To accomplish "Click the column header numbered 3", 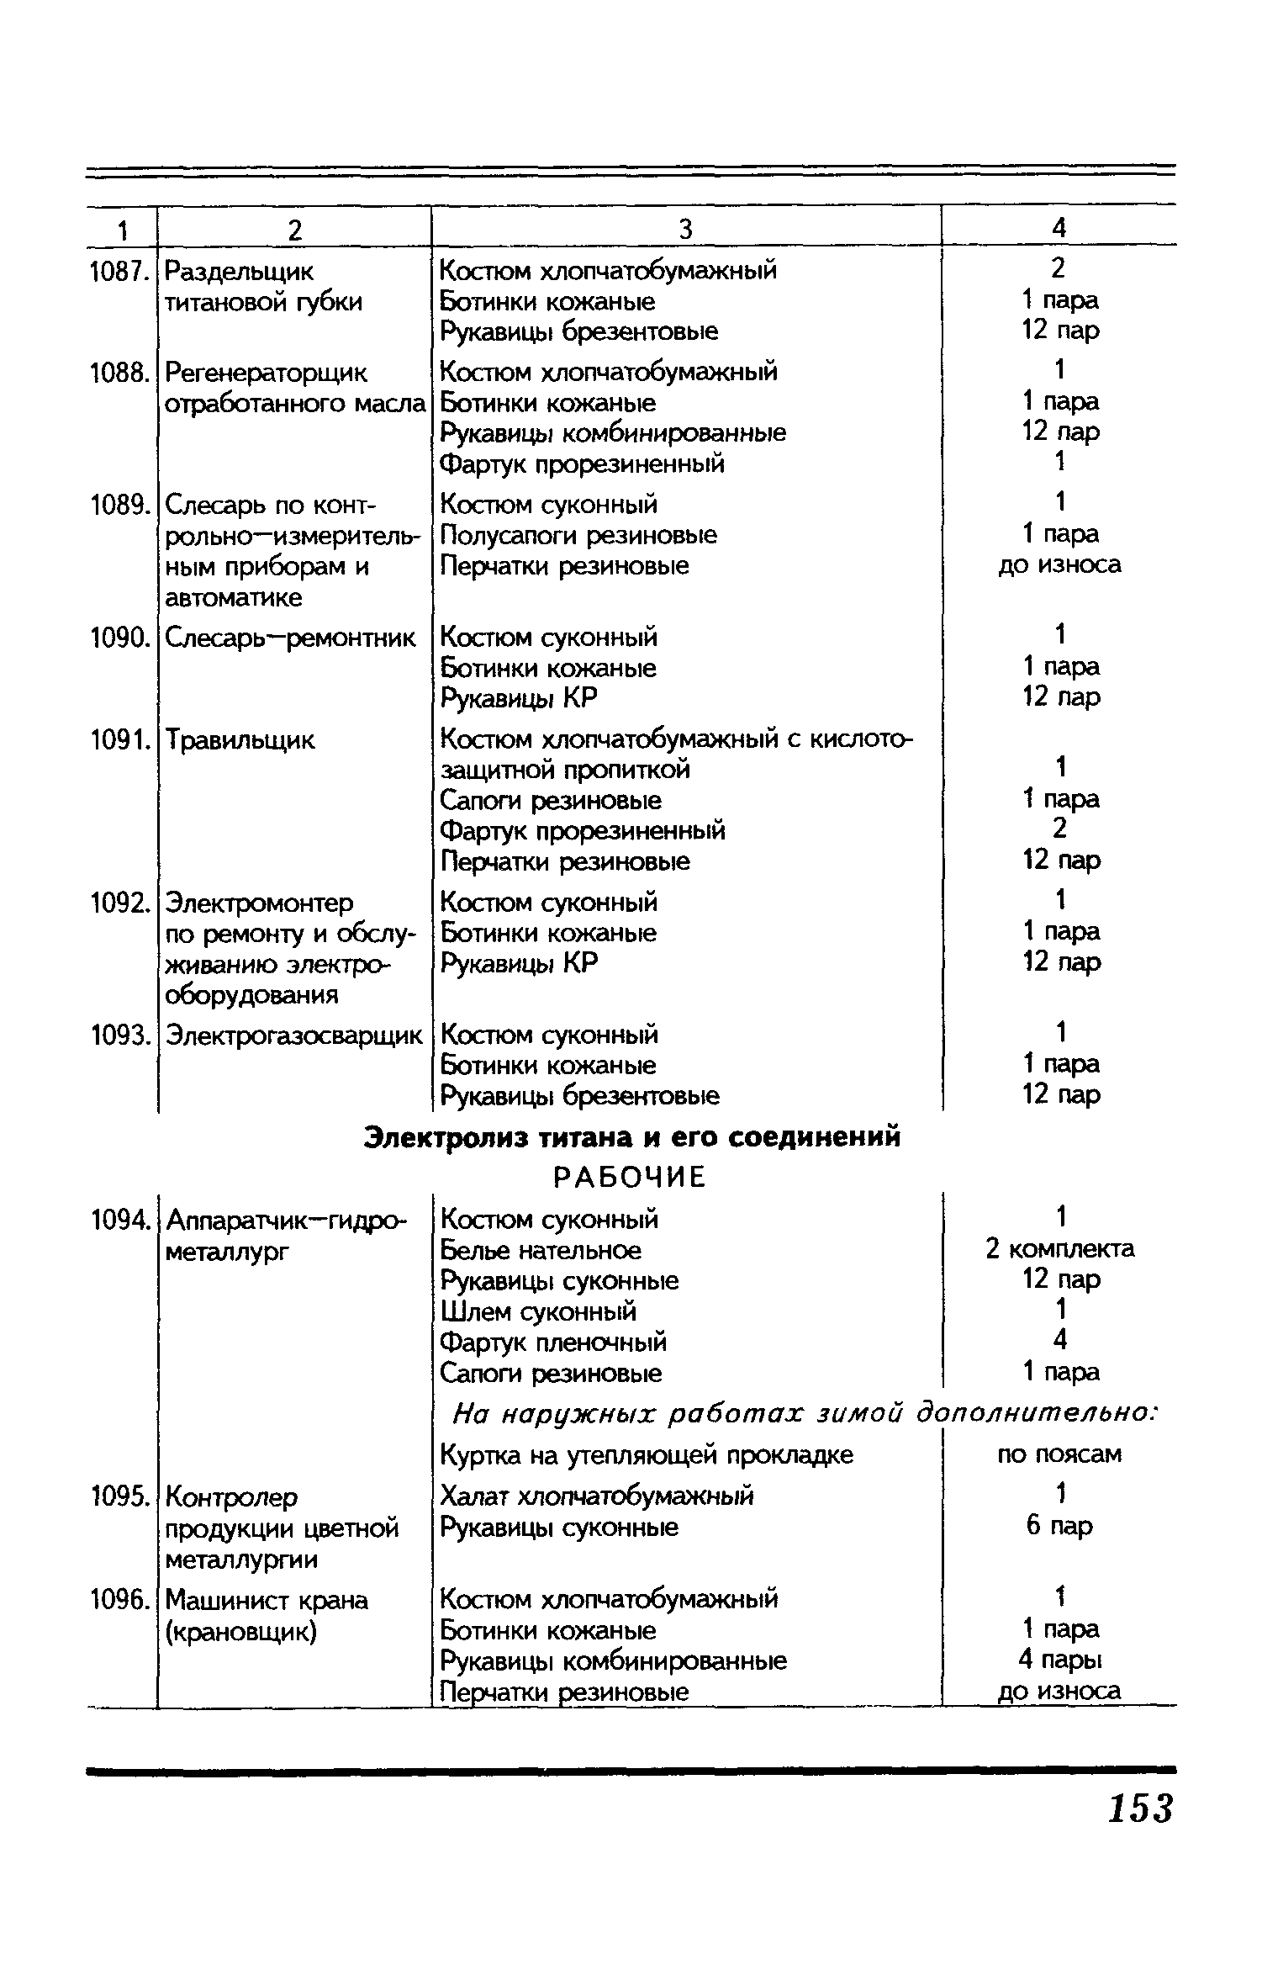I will point(685,229).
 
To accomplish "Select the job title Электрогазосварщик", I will point(294,1035).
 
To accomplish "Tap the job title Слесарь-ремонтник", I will point(290,638).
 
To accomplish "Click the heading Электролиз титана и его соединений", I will point(631,1136).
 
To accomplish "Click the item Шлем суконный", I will point(539,1311).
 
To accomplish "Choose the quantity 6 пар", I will point(1059,1526).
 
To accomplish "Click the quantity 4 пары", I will point(1059,1660).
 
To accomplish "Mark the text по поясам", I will point(1059,1454).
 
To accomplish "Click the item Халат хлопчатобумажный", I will point(597,1496).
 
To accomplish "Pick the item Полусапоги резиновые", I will point(578,535).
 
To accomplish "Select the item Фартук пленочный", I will point(553,1342).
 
